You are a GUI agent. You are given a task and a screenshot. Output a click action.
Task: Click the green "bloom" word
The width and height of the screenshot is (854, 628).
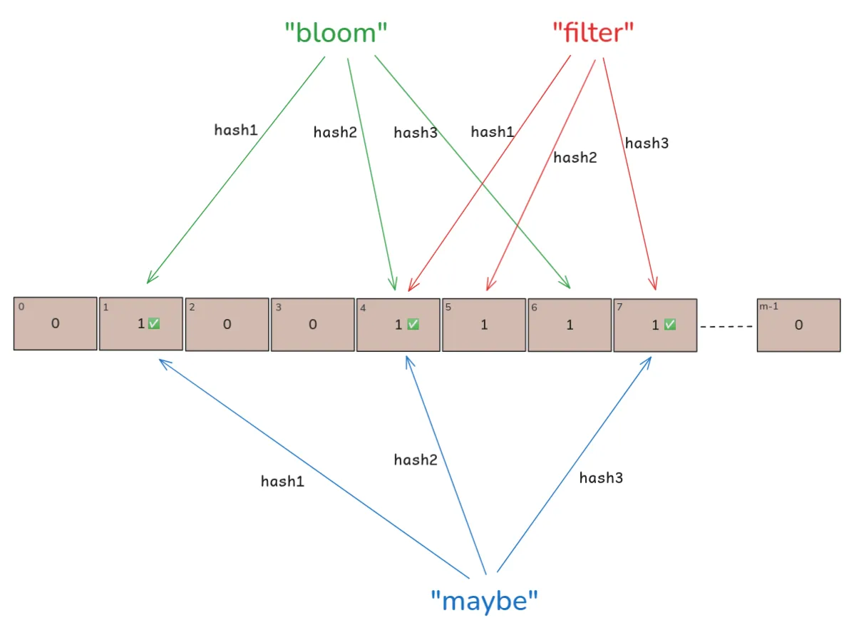336,34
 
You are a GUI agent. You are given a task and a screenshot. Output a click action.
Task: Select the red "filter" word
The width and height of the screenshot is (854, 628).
593,32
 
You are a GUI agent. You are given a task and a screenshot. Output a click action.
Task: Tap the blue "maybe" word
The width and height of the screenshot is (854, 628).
484,600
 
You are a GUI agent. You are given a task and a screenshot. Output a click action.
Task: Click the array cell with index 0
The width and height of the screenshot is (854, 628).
56,323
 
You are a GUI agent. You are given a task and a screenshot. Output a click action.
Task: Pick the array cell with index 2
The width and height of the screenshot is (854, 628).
227,325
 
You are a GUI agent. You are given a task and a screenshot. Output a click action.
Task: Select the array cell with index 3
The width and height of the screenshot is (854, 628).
312,325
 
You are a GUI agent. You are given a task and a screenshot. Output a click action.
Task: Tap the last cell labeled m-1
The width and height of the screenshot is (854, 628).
798,325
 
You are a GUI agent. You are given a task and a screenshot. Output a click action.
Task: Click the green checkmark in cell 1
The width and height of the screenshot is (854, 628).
154,324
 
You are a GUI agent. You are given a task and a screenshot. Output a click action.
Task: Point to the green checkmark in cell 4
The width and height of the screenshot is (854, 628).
412,325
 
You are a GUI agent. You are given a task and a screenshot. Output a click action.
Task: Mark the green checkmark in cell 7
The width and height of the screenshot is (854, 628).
669,325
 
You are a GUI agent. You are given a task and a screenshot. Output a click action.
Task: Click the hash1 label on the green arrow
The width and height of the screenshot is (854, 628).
236,130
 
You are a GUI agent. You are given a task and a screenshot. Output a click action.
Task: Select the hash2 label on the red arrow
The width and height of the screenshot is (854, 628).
575,158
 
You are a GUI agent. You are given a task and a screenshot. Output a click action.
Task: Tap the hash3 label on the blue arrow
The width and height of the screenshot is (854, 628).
601,477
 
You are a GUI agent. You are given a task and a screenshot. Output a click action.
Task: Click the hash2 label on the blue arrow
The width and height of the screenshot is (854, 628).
416,460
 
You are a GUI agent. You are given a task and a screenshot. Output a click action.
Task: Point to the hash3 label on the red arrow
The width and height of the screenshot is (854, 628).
647,143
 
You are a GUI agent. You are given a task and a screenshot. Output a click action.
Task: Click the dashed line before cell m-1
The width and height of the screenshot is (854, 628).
726,327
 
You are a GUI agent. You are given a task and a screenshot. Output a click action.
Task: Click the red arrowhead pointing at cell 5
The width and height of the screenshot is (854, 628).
488,286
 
